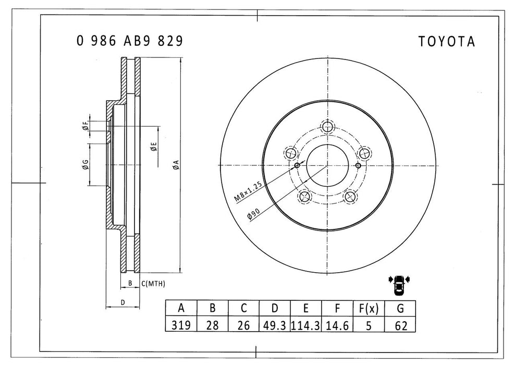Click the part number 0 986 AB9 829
click(129, 42)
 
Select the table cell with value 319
click(181, 325)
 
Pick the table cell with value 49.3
click(275, 325)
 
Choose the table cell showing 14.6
click(337, 325)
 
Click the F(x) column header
click(368, 309)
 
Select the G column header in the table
click(400, 309)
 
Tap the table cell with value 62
click(400, 325)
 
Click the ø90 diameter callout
click(255, 215)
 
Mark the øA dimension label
click(176, 165)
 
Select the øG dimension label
click(84, 165)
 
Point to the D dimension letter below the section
click(123, 302)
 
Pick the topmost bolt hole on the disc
click(327, 127)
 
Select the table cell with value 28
click(212, 325)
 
